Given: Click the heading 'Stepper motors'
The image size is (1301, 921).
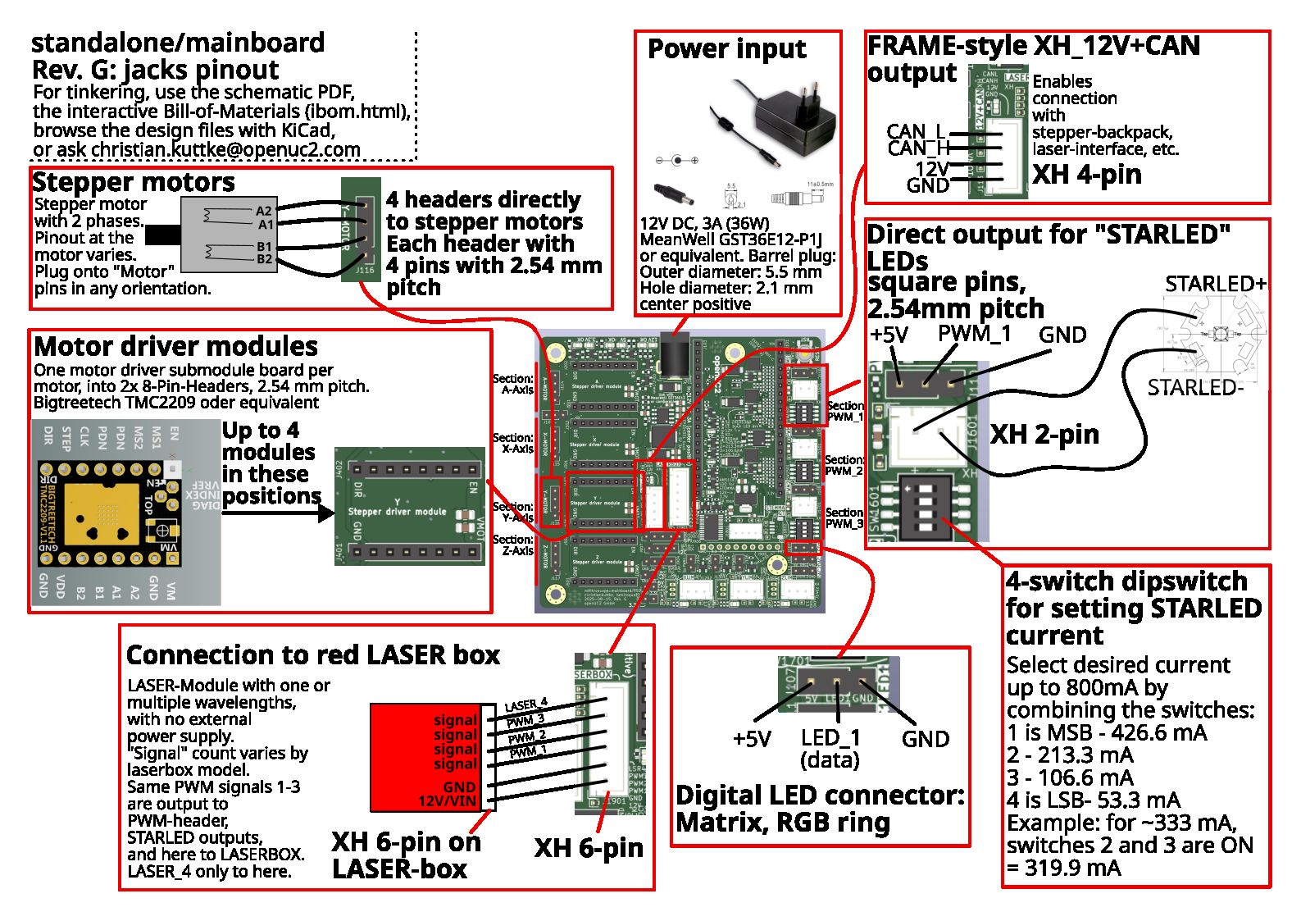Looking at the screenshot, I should (133, 181).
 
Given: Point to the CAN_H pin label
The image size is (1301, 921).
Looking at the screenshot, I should (918, 148).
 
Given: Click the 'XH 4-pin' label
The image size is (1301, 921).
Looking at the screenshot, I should (1086, 174).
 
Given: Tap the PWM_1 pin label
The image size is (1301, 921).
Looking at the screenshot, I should (974, 334).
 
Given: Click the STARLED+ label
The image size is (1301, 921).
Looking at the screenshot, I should (1215, 284).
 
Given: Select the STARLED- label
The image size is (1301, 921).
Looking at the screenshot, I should (1194, 387).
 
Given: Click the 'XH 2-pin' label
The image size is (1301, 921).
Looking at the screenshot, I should (1044, 434).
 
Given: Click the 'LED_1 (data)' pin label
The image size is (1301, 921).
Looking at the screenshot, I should (830, 748).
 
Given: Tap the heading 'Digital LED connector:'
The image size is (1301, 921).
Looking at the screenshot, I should (820, 795).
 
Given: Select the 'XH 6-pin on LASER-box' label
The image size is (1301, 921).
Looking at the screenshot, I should (405, 855).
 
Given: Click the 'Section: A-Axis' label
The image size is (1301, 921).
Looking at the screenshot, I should (513, 384).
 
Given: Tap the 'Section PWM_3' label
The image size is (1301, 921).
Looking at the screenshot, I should (844, 518).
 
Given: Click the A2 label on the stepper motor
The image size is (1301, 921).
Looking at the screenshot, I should (263, 211).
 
